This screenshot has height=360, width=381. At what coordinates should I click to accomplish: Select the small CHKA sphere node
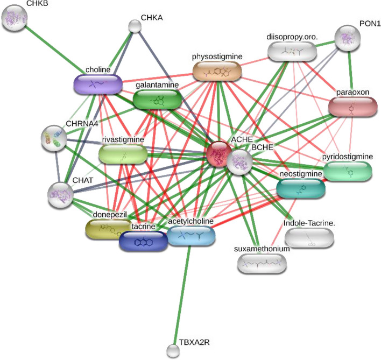135,26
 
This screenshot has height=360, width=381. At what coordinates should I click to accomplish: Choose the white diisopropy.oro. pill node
291,51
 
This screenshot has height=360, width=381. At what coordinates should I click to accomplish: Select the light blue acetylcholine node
190,235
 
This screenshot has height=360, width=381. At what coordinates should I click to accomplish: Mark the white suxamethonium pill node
262,262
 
